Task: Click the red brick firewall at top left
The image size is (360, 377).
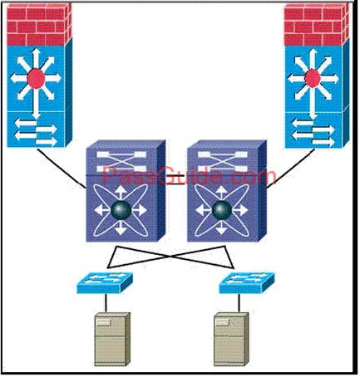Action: [x=39, y=24]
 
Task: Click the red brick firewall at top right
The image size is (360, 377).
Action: [x=317, y=24]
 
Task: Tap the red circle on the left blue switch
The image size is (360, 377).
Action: [x=37, y=79]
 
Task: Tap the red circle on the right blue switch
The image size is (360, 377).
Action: [x=313, y=79]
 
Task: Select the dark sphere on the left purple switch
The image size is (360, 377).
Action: [x=121, y=210]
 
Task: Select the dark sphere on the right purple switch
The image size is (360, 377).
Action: [x=222, y=210]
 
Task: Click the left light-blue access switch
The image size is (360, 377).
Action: [x=105, y=282]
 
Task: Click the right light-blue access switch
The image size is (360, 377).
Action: [x=247, y=282]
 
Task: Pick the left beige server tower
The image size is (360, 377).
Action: [x=112, y=339]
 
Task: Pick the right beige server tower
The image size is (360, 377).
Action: [x=231, y=339]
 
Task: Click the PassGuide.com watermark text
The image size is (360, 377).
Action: [x=190, y=175]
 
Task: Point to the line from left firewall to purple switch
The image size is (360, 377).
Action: [x=62, y=169]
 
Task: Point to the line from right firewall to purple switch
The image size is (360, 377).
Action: [x=291, y=169]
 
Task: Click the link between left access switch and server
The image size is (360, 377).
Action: [x=106, y=303]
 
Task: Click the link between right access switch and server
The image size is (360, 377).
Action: [x=239, y=303]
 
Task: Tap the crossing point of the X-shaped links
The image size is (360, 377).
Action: [x=171, y=257]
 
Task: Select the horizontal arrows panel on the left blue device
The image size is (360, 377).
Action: [x=36, y=130]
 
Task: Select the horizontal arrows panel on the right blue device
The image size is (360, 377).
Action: [x=313, y=130]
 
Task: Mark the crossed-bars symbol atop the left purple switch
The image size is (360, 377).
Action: [x=121, y=161]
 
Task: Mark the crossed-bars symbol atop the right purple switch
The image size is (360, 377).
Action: [x=222, y=161]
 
